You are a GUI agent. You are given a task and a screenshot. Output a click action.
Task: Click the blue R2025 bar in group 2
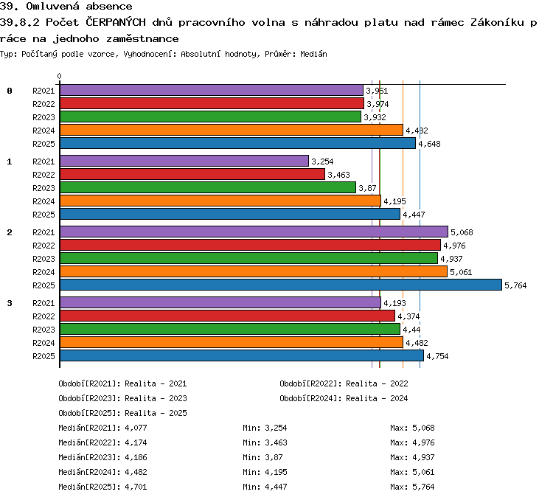coord(281,285)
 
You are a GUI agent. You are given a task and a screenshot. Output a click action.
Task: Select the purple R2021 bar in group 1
coord(184,161)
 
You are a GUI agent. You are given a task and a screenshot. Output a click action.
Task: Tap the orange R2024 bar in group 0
coord(232,130)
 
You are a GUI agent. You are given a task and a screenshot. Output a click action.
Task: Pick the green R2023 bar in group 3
coord(230,329)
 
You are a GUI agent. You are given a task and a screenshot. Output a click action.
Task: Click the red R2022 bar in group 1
coord(192,174)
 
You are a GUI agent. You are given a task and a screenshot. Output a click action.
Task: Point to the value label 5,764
coord(515,285)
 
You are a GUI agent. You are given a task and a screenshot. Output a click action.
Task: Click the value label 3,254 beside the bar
coord(322,162)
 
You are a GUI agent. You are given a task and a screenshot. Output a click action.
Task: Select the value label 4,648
coord(429,144)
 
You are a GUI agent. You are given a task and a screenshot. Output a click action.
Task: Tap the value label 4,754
coord(437,356)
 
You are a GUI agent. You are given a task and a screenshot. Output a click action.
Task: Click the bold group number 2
coord(10,232)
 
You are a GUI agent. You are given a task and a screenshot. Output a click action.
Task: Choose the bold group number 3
coord(10,303)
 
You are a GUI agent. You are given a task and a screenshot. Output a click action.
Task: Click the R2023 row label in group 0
coord(44,117)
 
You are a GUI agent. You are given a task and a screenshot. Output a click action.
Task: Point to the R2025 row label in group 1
coord(44,215)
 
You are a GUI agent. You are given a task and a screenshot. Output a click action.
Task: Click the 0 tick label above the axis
coord(59,76)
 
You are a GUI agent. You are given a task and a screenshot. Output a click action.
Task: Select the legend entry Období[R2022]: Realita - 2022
coord(344,383)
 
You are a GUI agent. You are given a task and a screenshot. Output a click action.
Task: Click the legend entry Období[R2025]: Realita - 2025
coord(122,413)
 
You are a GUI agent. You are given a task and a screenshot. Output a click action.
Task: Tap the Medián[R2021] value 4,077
coord(136,428)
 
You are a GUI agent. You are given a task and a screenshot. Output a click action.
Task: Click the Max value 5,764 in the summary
coord(423,487)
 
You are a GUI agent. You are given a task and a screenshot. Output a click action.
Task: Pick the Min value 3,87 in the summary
coord(274,458)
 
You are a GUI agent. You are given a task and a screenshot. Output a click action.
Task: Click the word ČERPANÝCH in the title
coord(116,22)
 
